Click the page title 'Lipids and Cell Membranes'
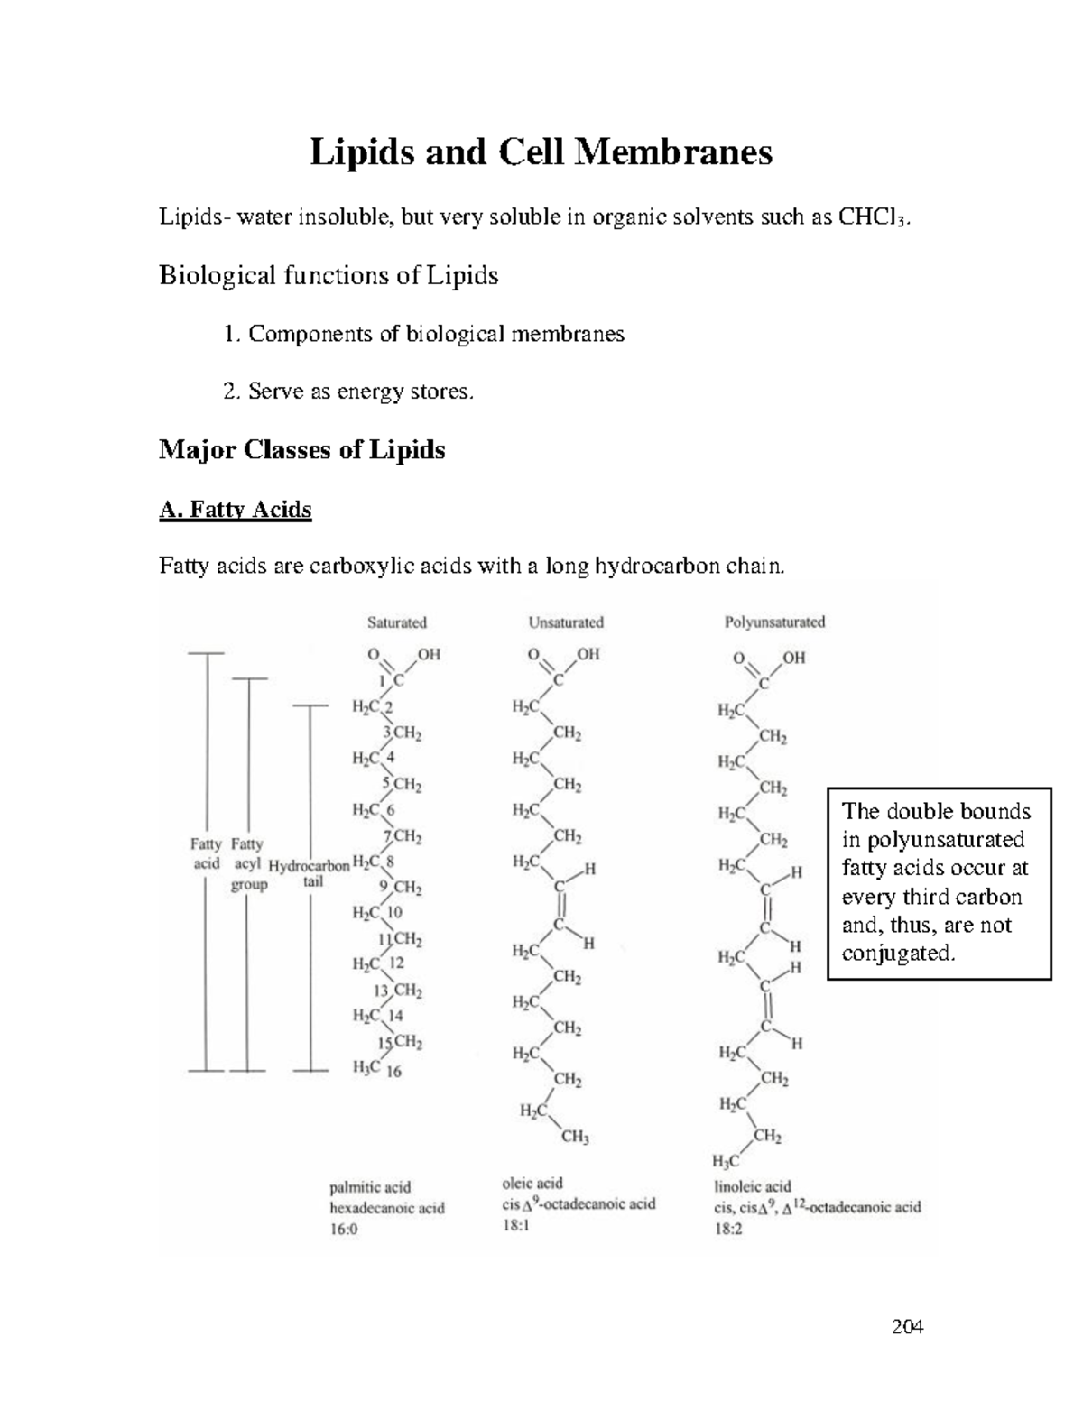point(541,152)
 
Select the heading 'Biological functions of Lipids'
point(329,275)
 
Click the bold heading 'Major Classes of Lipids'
point(301,449)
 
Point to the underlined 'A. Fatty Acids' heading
point(235,510)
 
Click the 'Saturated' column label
point(396,622)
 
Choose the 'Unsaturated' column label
point(565,622)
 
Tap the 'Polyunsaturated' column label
point(774,622)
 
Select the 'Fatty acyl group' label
point(247,864)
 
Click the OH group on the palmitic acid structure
point(428,655)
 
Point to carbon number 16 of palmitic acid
point(393,1072)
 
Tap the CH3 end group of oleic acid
point(575,1137)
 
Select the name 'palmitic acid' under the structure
point(370,1187)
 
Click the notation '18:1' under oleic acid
point(517,1226)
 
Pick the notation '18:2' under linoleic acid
point(728,1228)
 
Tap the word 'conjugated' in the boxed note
point(897,953)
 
